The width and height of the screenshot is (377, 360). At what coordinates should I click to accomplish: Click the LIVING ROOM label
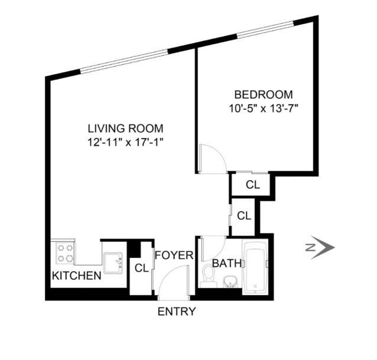[125, 128]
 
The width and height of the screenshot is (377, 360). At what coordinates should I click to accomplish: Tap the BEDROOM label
[264, 94]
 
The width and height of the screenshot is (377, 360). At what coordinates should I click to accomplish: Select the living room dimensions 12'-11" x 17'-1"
[125, 142]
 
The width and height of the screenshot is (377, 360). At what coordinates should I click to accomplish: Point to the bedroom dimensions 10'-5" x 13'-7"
[264, 108]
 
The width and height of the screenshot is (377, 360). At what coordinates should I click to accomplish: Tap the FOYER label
[174, 256]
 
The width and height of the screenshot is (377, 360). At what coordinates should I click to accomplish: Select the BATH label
[226, 263]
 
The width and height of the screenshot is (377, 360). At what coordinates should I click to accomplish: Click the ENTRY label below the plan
[176, 312]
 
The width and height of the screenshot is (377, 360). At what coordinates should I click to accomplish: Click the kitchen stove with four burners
[65, 253]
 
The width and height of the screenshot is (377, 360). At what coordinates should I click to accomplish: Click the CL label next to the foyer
[141, 268]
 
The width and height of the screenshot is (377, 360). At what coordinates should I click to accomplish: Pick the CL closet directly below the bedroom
[252, 184]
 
